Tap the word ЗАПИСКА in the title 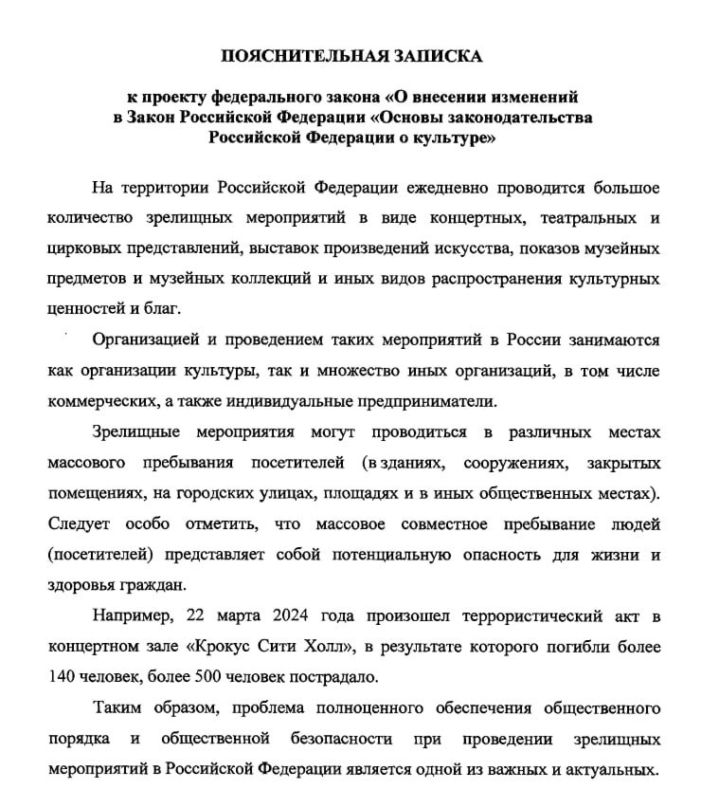click(x=439, y=56)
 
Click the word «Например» click(x=133, y=616)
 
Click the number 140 click(x=61, y=678)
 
